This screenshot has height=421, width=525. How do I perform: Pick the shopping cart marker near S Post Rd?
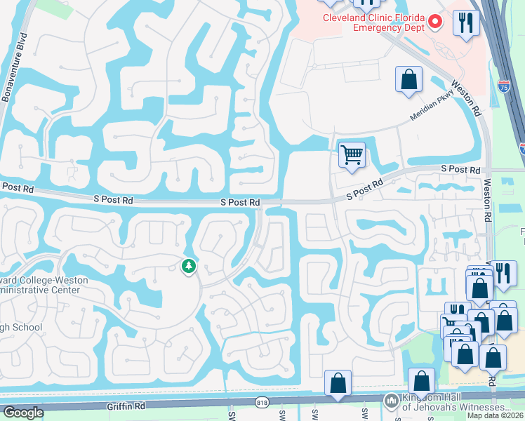coord(352,154)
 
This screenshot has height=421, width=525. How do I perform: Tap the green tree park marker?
coord(188,266)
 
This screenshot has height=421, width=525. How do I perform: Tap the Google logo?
coord(23,413)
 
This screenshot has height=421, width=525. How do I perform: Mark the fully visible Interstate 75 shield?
coord(503,86)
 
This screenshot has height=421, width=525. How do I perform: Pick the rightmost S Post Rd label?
coord(460,170)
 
